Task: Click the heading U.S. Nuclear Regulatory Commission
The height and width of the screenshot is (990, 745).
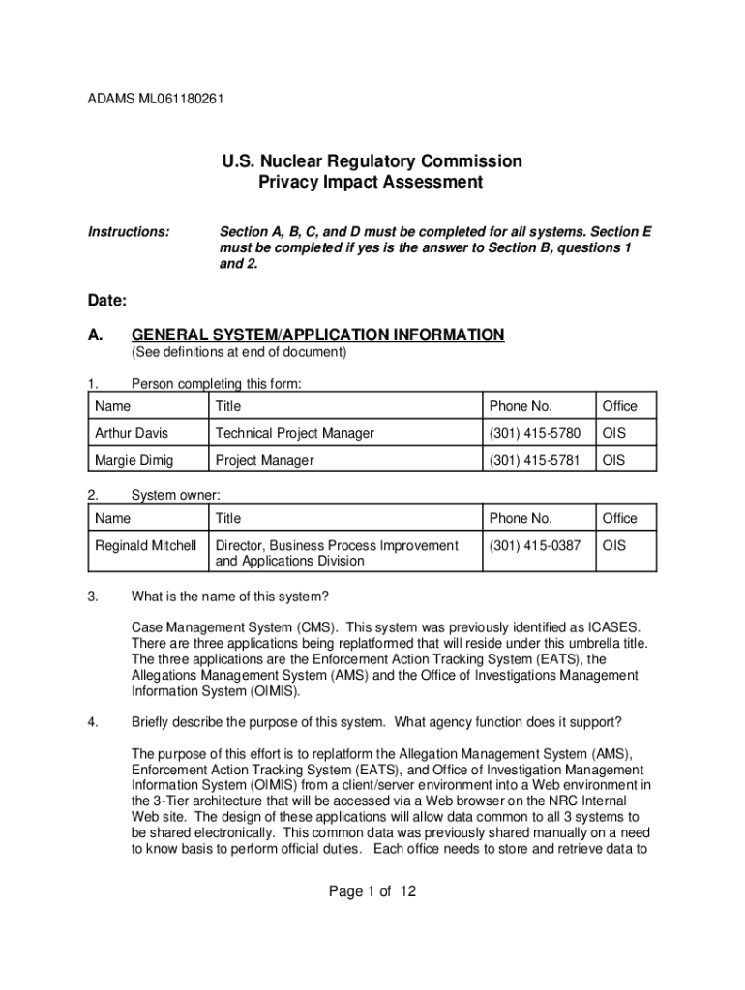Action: (x=372, y=161)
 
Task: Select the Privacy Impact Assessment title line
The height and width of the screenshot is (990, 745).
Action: (x=372, y=183)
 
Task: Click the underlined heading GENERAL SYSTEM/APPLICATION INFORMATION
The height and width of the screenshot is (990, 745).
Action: (x=318, y=335)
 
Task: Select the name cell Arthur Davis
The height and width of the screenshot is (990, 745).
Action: (x=132, y=433)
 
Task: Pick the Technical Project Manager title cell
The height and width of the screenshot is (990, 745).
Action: (x=294, y=433)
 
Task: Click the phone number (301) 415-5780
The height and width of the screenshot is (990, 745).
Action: (x=535, y=433)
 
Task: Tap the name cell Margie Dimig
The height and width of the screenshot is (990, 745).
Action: (x=134, y=460)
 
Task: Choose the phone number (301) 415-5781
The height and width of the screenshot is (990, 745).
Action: (x=535, y=460)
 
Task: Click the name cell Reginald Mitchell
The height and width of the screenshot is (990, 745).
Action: (x=146, y=546)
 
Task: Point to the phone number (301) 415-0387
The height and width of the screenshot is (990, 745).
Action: (x=535, y=546)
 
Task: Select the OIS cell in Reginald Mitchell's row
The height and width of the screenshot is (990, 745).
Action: (x=614, y=546)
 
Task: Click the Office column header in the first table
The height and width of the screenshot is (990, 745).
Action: (x=620, y=406)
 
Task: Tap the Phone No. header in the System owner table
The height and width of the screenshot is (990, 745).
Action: (x=521, y=519)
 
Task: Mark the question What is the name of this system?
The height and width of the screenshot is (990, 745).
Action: (x=235, y=596)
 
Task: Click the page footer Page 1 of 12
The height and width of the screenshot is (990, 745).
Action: (x=372, y=891)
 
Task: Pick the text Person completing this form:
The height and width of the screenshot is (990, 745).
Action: (x=217, y=385)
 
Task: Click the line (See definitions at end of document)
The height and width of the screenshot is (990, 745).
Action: (x=239, y=353)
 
